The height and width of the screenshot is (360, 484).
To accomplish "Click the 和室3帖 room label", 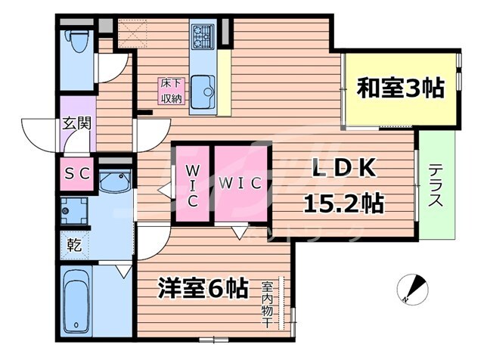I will point(400,89).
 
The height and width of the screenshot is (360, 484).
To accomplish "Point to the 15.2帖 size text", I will point(343,203).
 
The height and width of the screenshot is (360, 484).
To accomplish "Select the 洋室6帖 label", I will point(203,287).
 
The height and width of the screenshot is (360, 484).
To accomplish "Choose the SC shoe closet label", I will point(76,172).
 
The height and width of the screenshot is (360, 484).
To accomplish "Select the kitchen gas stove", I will point(203,34).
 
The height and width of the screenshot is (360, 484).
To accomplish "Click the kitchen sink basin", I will point(202,92).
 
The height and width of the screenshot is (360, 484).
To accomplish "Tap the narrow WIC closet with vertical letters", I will point(191,184).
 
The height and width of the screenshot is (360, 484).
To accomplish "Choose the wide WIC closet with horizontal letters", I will point(240,184).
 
